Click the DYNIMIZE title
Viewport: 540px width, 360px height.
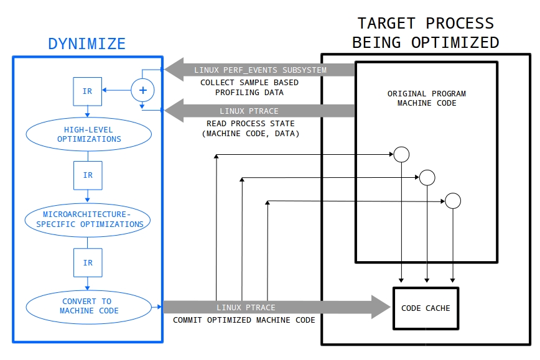pos(87,44)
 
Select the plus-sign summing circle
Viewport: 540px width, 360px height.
pos(142,91)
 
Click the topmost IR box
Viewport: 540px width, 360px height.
pos(87,91)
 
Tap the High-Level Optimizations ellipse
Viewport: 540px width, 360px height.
pos(88,134)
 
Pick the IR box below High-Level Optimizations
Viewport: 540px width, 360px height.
pos(87,175)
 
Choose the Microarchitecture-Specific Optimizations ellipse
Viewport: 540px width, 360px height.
pos(88,219)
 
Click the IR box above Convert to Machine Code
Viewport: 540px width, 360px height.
pos(87,262)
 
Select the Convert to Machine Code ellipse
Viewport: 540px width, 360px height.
pos(88,306)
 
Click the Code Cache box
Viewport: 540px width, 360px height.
pos(426,308)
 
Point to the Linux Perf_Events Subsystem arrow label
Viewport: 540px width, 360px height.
pos(260,70)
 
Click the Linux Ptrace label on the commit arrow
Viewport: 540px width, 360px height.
pos(246,307)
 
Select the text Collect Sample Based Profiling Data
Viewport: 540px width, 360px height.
pos(249,88)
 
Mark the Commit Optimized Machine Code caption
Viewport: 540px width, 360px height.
pos(244,320)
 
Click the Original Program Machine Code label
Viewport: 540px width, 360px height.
pos(426,98)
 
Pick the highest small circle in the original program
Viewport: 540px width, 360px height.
pos(400,154)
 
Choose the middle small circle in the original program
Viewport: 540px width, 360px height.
pos(427,177)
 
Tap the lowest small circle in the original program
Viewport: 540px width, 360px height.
pos(452,201)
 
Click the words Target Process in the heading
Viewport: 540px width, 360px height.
pos(426,24)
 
